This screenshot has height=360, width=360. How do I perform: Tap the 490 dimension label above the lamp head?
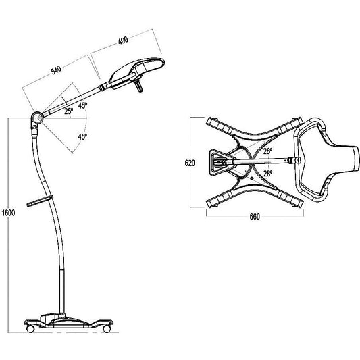(122, 41)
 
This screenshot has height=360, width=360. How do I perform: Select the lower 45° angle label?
(82, 137)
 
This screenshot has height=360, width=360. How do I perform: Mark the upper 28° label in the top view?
(267, 152)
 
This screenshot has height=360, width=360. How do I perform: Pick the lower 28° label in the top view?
(267, 173)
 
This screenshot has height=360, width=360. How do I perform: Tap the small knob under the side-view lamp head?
(140, 86)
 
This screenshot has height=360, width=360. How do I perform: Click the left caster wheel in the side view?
(30, 330)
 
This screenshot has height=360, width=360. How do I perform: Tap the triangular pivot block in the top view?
(220, 161)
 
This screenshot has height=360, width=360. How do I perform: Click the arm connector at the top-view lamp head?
(295, 161)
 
